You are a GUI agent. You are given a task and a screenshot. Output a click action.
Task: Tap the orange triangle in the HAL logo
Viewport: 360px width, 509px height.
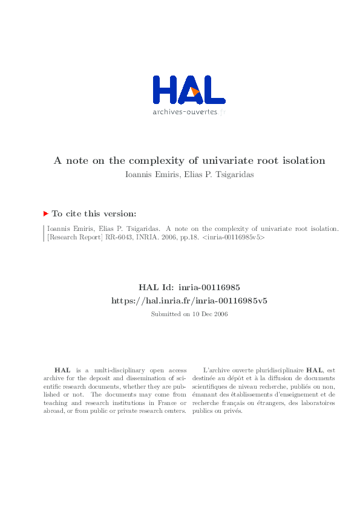195,91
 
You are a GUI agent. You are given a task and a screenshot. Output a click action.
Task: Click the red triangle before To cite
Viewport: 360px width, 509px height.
46,213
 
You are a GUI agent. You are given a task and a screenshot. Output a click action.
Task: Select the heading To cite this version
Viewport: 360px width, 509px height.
94,213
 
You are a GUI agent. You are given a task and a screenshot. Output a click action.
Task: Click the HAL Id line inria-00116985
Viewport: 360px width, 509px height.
190,288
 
